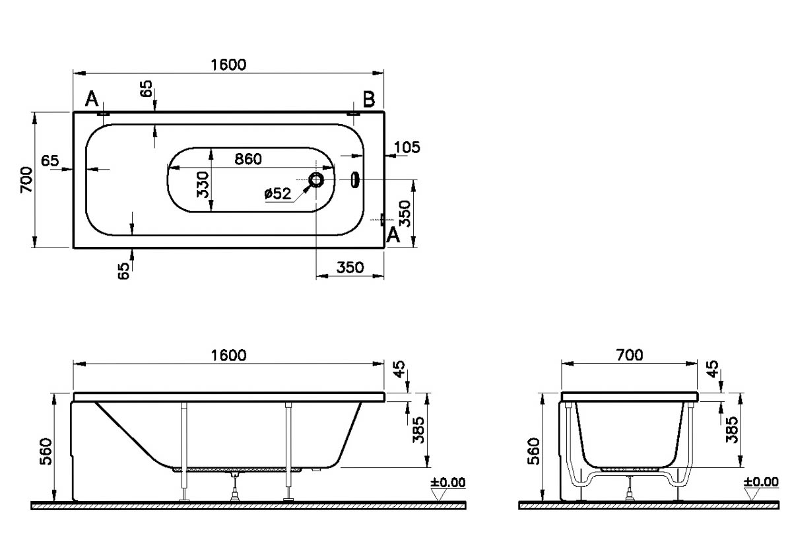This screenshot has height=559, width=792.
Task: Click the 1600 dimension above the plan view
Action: pyautogui.click(x=228, y=64)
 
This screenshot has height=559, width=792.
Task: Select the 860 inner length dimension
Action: pyautogui.click(x=248, y=158)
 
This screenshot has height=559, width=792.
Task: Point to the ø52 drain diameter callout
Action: pyautogui.click(x=277, y=193)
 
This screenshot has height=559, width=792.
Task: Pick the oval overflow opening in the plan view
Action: pyautogui.click(x=356, y=180)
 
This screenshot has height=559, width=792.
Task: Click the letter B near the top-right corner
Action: pyautogui.click(x=369, y=100)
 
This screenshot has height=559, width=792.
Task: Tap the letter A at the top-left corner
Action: pyautogui.click(x=92, y=100)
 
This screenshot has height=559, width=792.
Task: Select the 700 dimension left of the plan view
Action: pyautogui.click(x=25, y=180)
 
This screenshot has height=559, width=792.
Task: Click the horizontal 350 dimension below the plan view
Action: pyautogui.click(x=350, y=267)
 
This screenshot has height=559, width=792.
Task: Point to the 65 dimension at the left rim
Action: pyautogui.click(x=51, y=160)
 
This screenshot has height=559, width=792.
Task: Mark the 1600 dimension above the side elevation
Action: pyautogui.click(x=228, y=355)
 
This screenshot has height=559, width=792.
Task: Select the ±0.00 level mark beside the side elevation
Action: pyautogui.click(x=447, y=482)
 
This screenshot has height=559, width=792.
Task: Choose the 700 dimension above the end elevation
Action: pyautogui.click(x=629, y=355)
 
